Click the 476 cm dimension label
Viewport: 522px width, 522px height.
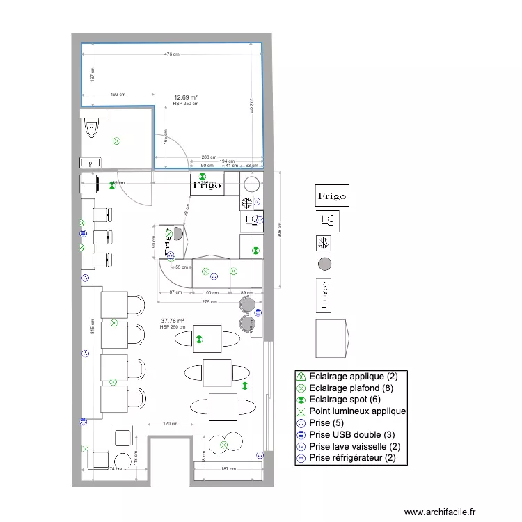point(171,54)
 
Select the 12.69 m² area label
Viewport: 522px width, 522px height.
point(185,97)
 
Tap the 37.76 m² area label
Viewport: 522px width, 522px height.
point(172,322)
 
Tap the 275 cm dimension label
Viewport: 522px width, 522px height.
point(209,302)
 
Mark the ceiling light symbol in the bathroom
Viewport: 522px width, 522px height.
point(116,141)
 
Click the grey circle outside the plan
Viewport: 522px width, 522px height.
point(324,264)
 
